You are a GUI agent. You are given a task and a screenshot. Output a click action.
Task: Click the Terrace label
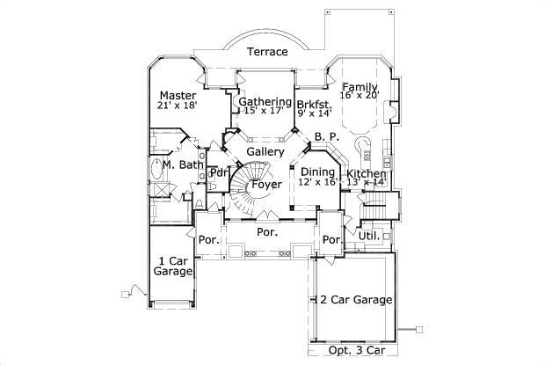(x=266, y=52)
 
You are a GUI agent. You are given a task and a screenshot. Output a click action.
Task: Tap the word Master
(x=177, y=95)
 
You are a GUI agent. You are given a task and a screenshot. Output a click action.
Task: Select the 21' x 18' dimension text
(x=177, y=106)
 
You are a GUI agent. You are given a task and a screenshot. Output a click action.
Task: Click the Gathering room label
(x=265, y=102)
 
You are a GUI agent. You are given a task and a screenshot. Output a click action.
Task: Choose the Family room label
(x=360, y=86)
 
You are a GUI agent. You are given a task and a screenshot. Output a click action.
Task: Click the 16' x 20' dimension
(x=360, y=96)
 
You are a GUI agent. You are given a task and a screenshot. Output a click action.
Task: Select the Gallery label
(x=265, y=152)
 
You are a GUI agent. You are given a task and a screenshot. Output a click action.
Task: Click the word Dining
(x=318, y=172)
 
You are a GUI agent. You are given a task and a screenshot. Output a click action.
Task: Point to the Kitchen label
(x=366, y=174)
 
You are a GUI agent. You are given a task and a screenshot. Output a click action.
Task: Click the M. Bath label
(x=184, y=164)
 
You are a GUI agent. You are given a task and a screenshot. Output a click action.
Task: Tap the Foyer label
(x=266, y=185)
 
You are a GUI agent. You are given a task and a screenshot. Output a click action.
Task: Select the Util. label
(x=369, y=237)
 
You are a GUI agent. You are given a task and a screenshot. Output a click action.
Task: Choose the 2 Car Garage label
(x=355, y=299)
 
